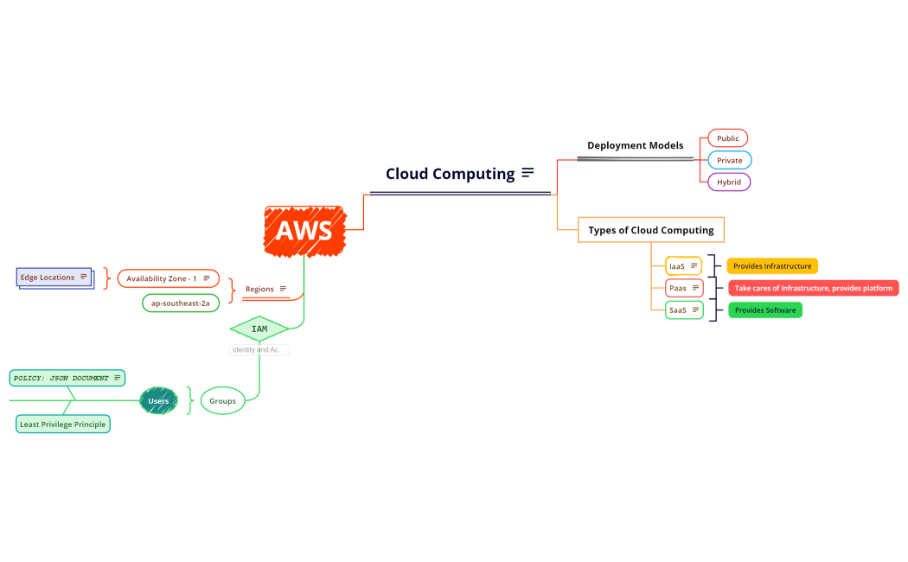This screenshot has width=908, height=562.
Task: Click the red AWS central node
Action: [x=304, y=231]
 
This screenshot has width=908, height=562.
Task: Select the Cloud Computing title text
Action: [x=450, y=174]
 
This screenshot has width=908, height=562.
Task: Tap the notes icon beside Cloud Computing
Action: [x=528, y=173]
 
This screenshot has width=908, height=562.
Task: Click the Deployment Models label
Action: [x=635, y=145]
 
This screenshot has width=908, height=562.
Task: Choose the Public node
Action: [x=727, y=138]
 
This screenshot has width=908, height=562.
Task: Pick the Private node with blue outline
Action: [x=729, y=160]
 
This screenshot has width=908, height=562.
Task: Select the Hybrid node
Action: [x=728, y=182]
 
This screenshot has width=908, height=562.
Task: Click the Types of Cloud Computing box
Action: [x=650, y=230]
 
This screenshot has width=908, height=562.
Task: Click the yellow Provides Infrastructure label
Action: [x=771, y=266]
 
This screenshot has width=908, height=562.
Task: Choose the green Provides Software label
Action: [x=764, y=310]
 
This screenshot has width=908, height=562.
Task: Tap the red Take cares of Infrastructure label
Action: [x=813, y=288]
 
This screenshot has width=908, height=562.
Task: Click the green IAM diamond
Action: [x=259, y=329]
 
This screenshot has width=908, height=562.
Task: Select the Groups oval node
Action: [x=222, y=401]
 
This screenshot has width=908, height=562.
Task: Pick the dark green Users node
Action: [x=158, y=401]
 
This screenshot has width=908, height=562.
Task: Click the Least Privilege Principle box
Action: [x=63, y=425]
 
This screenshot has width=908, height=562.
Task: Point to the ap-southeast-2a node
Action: [x=180, y=303]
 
